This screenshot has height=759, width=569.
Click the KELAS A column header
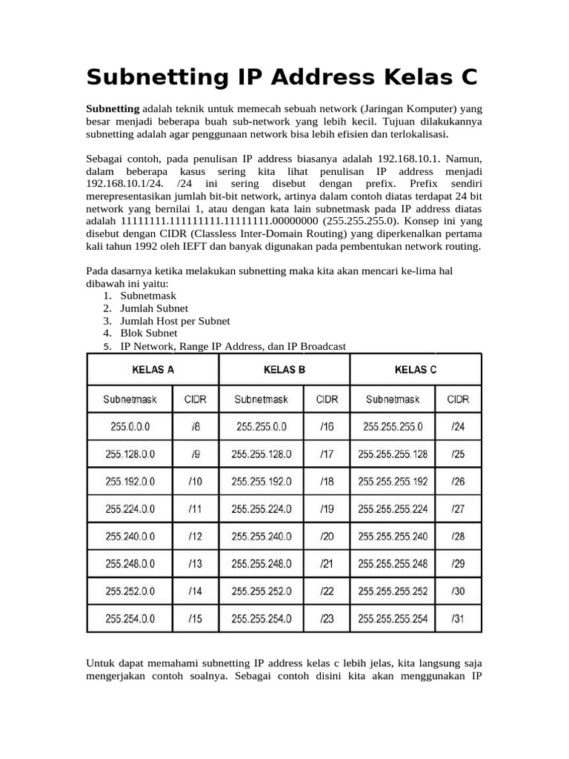(153, 370)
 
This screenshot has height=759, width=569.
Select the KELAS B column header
(284, 370)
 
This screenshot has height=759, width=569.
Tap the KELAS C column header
(416, 370)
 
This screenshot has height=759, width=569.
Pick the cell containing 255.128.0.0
(130, 454)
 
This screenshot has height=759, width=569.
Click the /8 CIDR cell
(195, 426)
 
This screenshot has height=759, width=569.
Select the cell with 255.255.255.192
(393, 481)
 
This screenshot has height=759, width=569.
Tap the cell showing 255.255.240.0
(262, 536)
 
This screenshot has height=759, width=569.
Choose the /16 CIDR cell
(327, 426)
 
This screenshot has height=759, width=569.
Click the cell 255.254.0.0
(130, 618)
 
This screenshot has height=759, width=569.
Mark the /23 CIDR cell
(327, 618)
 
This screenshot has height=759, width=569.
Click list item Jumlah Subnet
(154, 308)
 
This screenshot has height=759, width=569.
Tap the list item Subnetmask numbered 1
(148, 295)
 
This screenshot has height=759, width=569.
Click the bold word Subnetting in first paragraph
(113, 109)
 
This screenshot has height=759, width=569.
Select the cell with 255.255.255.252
(393, 591)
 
